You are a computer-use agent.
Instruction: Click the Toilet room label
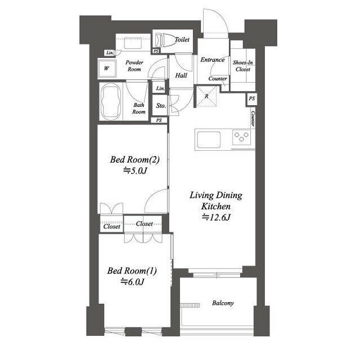182,39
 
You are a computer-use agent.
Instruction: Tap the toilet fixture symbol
163,40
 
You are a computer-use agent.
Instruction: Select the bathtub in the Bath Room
111,101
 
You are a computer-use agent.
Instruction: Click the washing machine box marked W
107,69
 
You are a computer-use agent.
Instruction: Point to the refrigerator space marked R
206,96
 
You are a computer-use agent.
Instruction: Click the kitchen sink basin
209,139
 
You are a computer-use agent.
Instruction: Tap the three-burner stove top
241,137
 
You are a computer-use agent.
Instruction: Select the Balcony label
223,303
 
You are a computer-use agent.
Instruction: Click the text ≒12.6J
216,217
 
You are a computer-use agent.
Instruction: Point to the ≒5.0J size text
135,170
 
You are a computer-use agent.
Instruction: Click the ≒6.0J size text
133,282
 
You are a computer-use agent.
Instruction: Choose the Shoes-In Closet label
243,66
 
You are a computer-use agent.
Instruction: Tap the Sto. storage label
161,106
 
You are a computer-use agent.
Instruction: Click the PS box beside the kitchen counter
251,99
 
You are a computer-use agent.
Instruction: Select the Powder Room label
134,66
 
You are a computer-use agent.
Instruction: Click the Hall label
181,75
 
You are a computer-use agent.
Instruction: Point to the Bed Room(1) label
132,271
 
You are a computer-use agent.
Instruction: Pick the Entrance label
213,60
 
